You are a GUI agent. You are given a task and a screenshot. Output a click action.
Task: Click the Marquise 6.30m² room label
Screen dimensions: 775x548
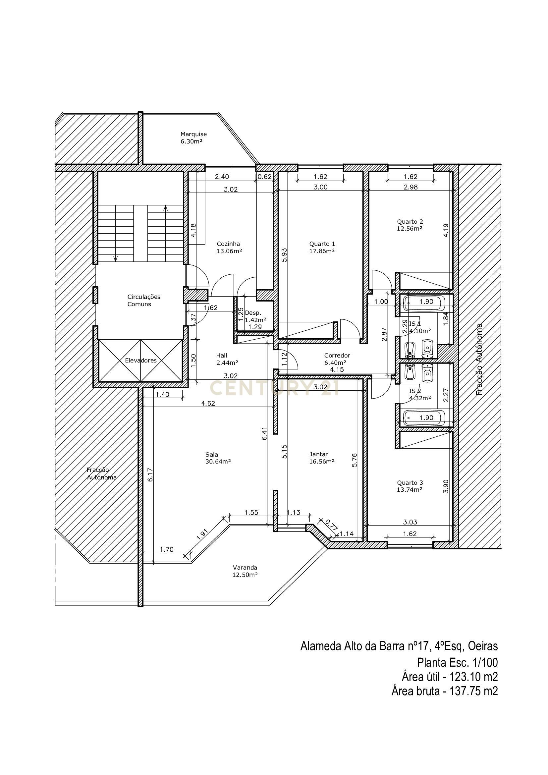coord(193,138)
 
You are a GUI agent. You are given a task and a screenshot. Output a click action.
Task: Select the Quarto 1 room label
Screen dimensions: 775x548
coord(322,247)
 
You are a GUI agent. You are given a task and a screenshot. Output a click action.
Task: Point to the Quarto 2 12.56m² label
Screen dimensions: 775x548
coord(410,225)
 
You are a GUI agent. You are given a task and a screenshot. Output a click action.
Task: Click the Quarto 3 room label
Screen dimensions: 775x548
coord(410,486)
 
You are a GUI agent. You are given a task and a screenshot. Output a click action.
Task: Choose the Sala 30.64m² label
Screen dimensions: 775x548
coord(218,458)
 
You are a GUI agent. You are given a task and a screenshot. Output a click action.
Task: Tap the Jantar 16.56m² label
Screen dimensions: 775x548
coord(322,458)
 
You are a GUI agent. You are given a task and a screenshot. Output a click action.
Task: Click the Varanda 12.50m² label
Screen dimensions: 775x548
coord(245,571)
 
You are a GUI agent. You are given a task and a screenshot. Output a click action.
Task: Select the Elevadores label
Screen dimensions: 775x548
coord(141,360)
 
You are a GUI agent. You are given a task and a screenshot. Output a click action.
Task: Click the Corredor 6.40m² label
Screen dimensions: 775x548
coord(337,359)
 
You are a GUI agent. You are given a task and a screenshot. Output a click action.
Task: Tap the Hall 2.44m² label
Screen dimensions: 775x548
coord(227,359)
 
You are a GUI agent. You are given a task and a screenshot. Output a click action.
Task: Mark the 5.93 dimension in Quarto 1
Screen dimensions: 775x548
coord(285,255)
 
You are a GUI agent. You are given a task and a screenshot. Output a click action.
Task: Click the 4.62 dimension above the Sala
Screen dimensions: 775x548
coord(208,403)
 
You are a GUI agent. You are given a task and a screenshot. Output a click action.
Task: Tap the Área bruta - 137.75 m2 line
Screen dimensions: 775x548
coord(444,691)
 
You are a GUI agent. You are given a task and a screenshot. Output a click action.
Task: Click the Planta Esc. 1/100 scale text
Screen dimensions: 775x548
coord(457,663)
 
